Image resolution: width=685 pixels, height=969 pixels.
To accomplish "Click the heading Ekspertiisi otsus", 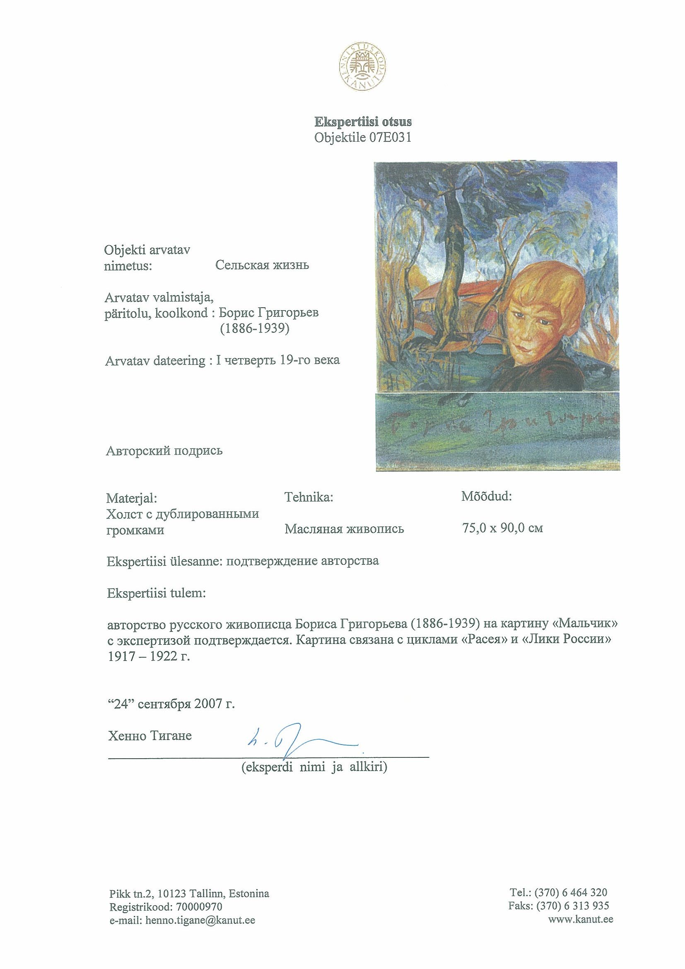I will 362,122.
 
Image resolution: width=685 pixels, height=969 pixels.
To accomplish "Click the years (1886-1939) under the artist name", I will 255,329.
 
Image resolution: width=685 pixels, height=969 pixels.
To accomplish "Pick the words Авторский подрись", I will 164,451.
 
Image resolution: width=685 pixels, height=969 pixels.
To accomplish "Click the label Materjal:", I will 131,498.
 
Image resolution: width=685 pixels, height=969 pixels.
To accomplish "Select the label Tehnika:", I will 309,497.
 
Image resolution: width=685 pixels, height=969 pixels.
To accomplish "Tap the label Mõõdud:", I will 486,497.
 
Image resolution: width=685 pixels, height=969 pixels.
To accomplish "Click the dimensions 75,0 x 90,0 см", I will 503,528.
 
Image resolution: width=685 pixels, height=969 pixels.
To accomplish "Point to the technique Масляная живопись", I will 344,528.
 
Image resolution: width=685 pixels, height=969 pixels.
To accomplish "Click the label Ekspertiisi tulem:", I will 157,593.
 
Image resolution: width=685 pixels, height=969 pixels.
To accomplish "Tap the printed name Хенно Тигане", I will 150,735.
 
